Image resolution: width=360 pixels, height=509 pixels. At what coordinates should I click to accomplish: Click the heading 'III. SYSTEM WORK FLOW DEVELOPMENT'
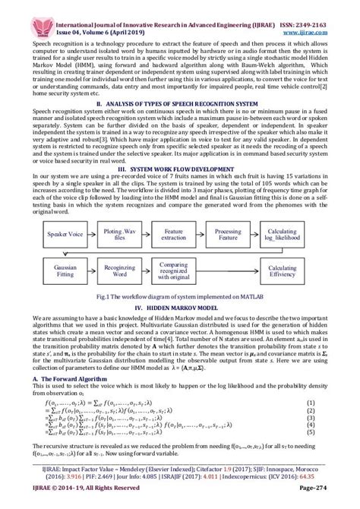click(179, 165)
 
